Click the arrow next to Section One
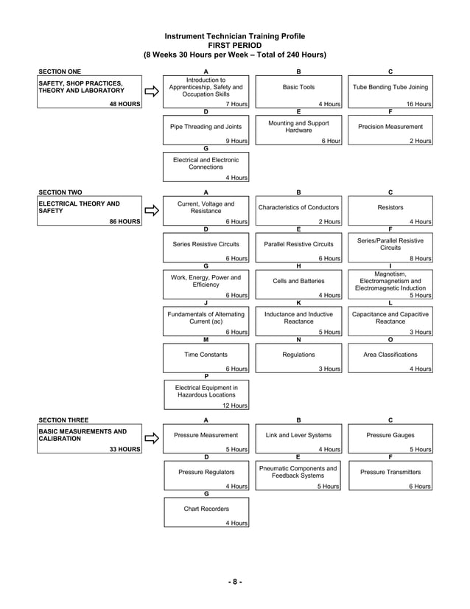151,92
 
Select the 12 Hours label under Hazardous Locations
235,406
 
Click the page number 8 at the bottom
234,582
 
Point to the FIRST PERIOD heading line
234,45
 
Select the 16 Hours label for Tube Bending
418,105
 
